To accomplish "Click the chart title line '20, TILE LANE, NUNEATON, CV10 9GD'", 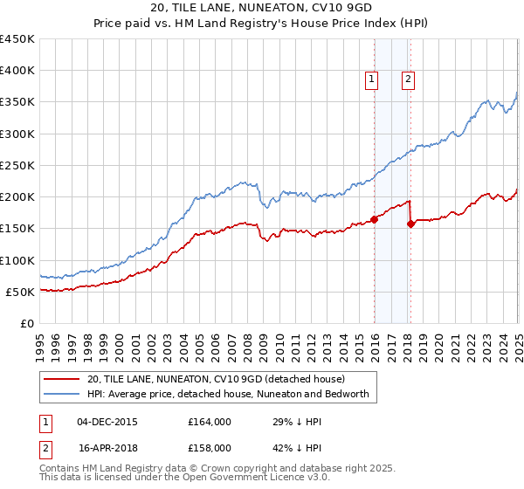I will (262, 7).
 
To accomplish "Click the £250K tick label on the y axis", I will (17, 165).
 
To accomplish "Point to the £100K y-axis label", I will (17, 260).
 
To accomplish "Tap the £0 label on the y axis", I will (26, 323).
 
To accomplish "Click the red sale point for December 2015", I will (374, 219).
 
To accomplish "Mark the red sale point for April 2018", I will (410, 224).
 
